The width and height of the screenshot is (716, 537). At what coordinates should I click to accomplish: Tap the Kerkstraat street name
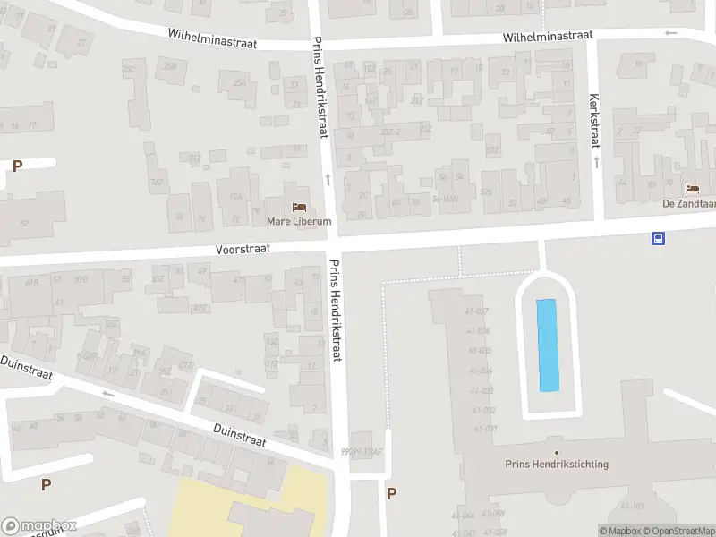pyautogui.click(x=592, y=121)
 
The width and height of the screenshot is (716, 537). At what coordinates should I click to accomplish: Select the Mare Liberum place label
pyautogui.click(x=299, y=220)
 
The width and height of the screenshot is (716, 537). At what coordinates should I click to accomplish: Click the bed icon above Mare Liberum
pyautogui.click(x=299, y=207)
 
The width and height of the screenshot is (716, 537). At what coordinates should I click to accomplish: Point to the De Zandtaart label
pyautogui.click(x=689, y=203)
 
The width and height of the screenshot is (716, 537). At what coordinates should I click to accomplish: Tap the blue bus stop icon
pyautogui.click(x=659, y=238)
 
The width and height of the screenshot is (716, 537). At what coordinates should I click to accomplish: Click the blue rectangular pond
pyautogui.click(x=547, y=345)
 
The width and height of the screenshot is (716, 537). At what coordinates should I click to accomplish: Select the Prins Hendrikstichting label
pyautogui.click(x=557, y=464)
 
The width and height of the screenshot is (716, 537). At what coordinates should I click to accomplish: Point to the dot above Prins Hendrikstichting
pyautogui.click(x=557, y=451)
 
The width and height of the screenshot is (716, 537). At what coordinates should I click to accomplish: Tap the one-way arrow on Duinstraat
pyautogui.click(x=109, y=393)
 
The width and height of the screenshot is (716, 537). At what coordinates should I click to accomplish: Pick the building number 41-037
pyautogui.click(x=477, y=311)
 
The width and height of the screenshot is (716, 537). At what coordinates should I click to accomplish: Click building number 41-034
pyautogui.click(x=480, y=371)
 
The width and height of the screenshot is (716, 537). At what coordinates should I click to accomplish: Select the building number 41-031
pyautogui.click(x=485, y=429)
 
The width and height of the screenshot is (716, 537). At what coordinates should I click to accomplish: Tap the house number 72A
pyautogui.click(x=236, y=197)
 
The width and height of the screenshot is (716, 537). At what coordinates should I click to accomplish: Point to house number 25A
pyautogui.click(x=239, y=83)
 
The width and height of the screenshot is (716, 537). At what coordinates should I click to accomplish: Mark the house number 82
pyautogui.click(x=24, y=223)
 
